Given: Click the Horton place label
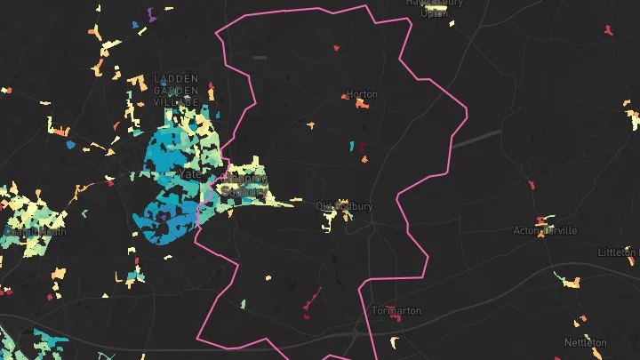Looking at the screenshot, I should coord(362,93).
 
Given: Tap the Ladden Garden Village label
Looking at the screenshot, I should coord(176,90).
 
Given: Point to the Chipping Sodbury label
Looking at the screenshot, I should coord(243,184).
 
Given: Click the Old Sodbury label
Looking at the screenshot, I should coord(344,206).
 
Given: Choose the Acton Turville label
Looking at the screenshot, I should coord(545,230).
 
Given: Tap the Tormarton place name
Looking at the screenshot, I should coord(396,311).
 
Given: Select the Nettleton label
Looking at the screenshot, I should coord(585,342).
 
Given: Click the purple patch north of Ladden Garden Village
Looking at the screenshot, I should coord(151,15).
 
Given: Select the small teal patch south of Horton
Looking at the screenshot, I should coord(351,145).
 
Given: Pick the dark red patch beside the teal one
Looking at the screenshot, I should coord(362,146).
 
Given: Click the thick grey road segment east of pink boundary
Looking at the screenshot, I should coord(476,137).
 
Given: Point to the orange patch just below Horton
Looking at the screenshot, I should coord(362,104).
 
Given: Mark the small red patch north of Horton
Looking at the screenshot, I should coord(337,48).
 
